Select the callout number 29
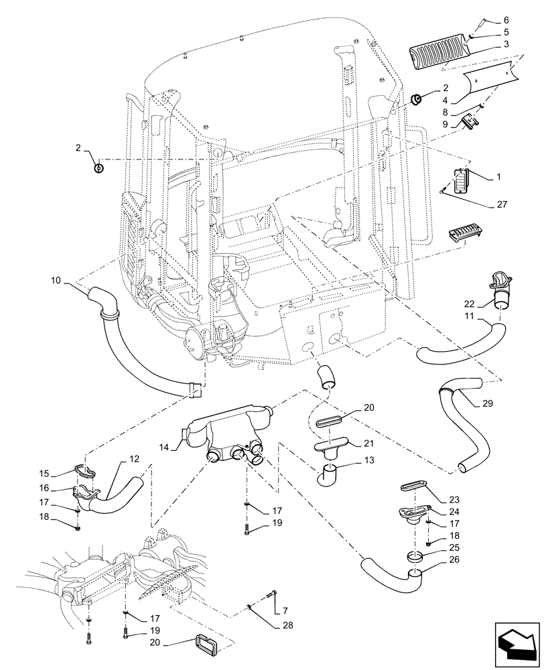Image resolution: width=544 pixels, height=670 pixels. pos(487,404)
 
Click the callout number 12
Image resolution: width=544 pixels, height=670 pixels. pos(135,460)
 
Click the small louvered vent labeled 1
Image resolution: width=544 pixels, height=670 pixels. pos(460,181)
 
